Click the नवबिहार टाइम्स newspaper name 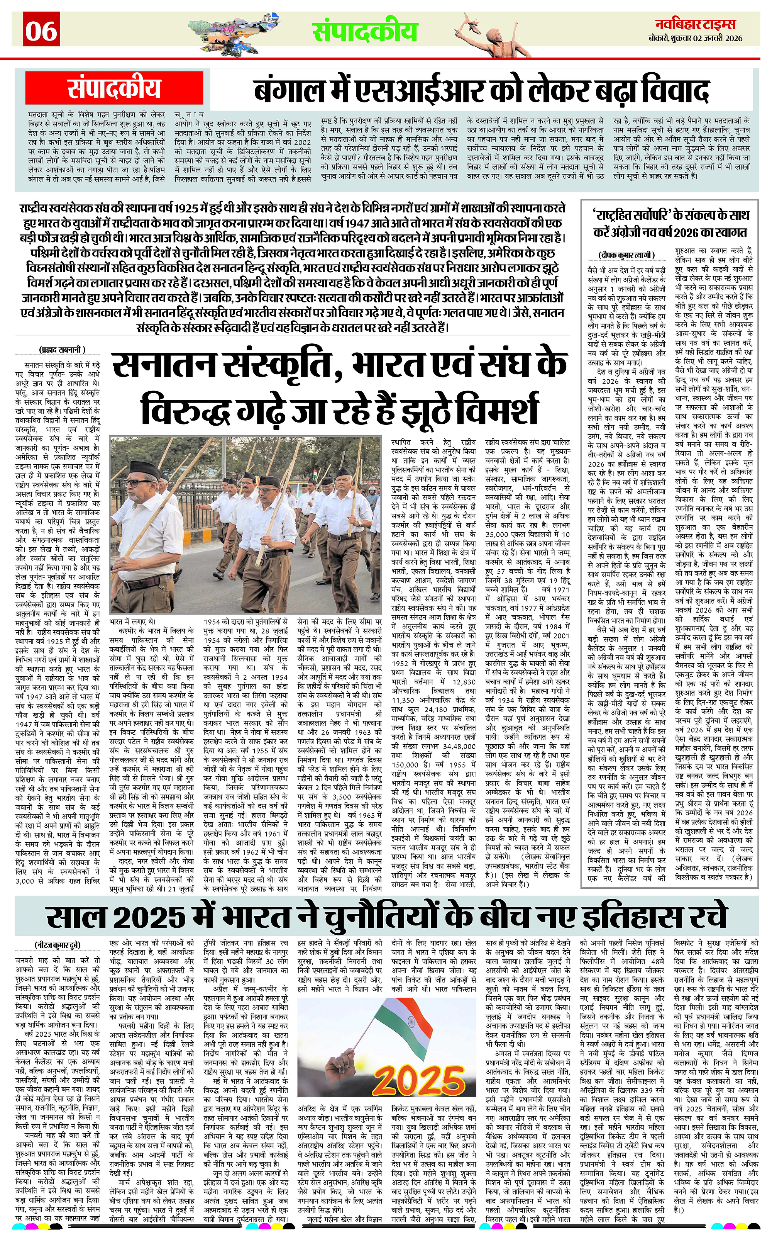pyautogui.click(x=699, y=24)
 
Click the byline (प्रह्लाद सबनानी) pyautogui.click(x=62, y=350)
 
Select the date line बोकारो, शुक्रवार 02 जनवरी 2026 pyautogui.click(x=699, y=38)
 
